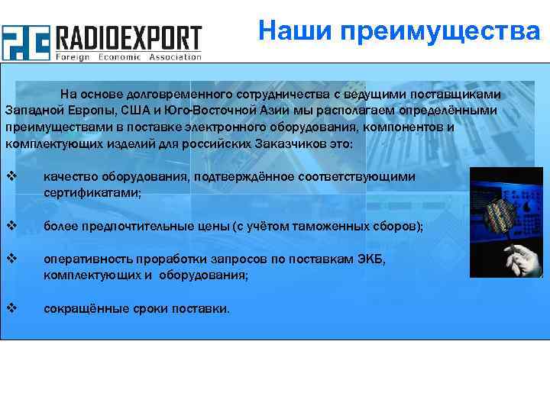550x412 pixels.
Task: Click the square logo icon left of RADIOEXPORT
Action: tap(25, 42)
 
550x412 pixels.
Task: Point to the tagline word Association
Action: tap(174, 56)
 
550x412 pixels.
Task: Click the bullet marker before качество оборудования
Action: tap(11, 176)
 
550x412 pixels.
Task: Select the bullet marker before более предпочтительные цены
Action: tap(11, 226)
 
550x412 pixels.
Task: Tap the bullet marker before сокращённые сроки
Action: tap(11, 308)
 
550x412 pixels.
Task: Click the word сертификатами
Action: tap(92, 193)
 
